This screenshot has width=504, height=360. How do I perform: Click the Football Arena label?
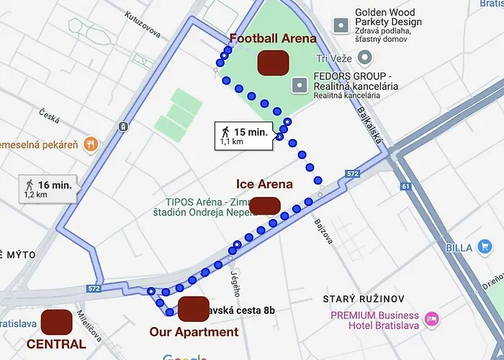pos(262,39)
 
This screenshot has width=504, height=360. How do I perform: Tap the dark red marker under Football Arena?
pos(274,62)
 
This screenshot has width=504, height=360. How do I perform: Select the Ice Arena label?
pos(264,184)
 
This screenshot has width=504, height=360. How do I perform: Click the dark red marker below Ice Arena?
pos(265,205)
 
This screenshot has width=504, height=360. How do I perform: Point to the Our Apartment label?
pos(194,332)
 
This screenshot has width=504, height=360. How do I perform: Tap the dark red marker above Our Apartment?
pos(193,309)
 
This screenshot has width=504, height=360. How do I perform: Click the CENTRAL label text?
pos(56,344)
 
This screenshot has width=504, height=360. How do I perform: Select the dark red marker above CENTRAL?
pos(57,321)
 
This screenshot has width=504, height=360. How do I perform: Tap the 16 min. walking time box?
pos(50,189)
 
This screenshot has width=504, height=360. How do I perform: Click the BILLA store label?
pos(459,248)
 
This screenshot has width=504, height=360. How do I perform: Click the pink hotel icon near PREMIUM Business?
pos(431,318)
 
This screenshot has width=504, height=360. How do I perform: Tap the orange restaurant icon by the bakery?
pos(91,143)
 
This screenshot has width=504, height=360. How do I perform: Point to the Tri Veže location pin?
pos(366,58)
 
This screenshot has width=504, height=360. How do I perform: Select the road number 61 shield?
pos(405,186)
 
